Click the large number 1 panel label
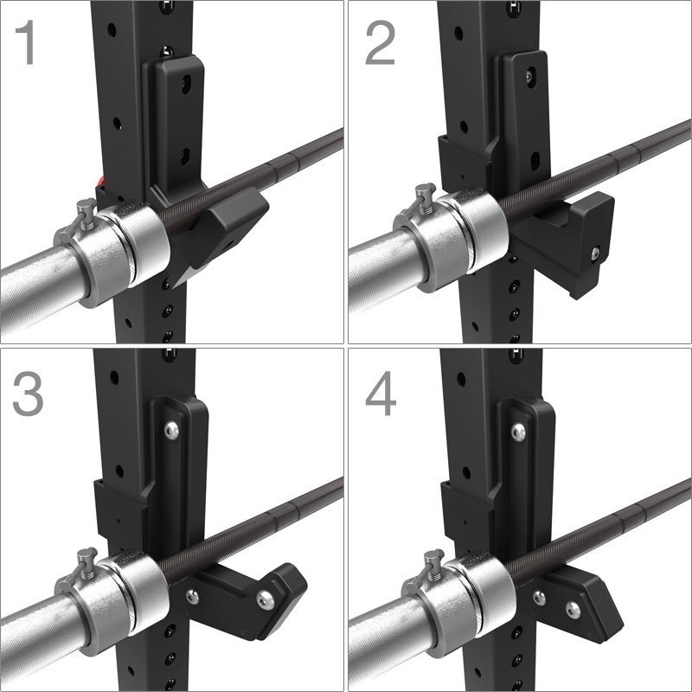(x=27, y=42)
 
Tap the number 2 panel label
(x=380, y=42)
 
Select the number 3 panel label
(x=28, y=393)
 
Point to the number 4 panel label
(x=381, y=393)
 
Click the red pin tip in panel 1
(x=100, y=181)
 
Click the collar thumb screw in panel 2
(x=426, y=196)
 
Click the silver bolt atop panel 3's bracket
(x=171, y=430)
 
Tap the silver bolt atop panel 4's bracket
(x=518, y=432)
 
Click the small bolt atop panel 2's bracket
(x=529, y=77)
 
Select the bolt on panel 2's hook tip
(x=596, y=253)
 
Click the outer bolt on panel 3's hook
(x=266, y=600)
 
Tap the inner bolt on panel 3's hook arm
(x=192, y=597)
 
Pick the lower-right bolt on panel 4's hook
(x=573, y=610)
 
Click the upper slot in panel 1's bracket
(x=186, y=84)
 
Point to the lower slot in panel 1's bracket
(x=185, y=157)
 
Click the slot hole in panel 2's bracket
(x=535, y=161)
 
